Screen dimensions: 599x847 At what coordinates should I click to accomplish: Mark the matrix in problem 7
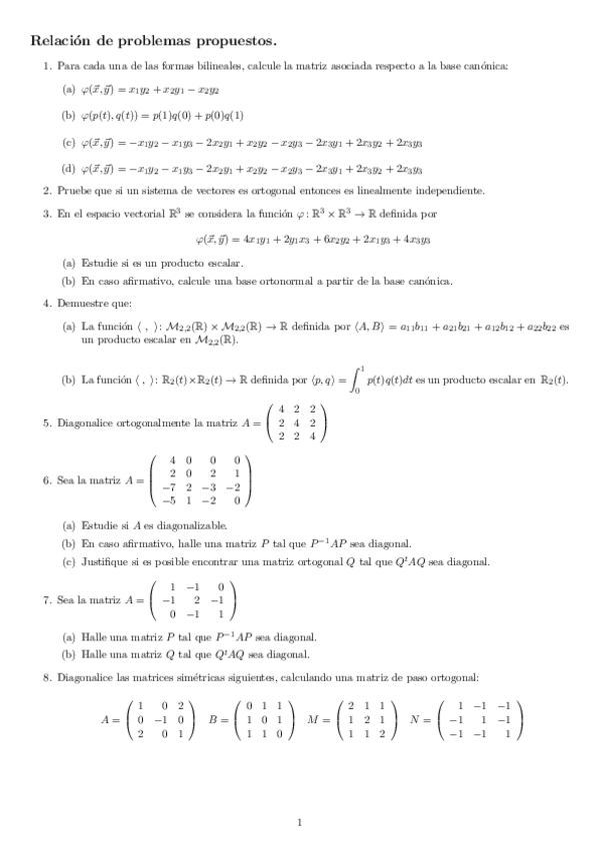(x=193, y=601)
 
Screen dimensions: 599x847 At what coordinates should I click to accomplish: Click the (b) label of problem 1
(x=68, y=115)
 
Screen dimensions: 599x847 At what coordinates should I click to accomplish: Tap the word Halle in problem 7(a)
(x=94, y=636)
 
